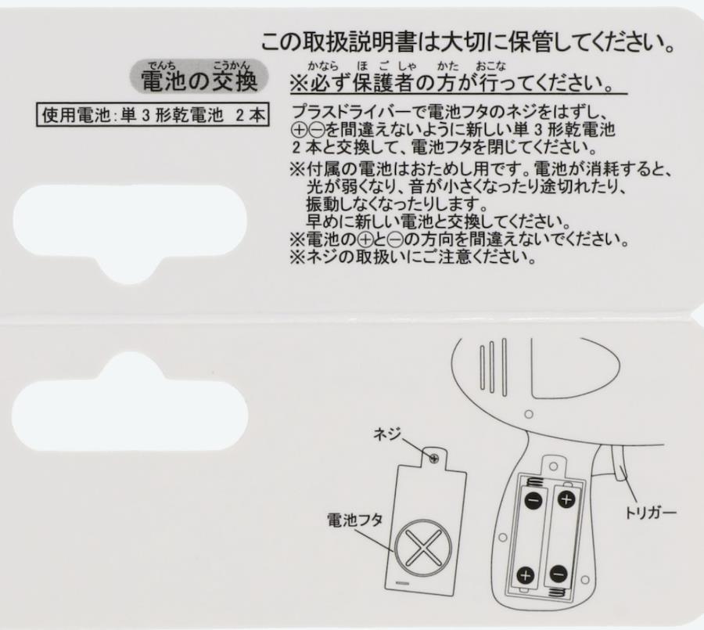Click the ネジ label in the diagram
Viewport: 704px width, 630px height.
pos(386,434)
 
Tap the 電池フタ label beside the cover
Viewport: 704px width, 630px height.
pos(354,520)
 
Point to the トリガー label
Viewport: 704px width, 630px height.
pos(651,512)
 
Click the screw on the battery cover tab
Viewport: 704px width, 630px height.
pos(433,459)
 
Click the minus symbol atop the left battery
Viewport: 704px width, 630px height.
pos(533,499)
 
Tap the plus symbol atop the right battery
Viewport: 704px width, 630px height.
pos(566,499)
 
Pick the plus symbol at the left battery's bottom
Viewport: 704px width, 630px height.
pos(526,575)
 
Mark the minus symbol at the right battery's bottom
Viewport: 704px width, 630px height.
pos(558,574)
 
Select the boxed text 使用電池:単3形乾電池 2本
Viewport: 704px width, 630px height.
pos(153,115)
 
